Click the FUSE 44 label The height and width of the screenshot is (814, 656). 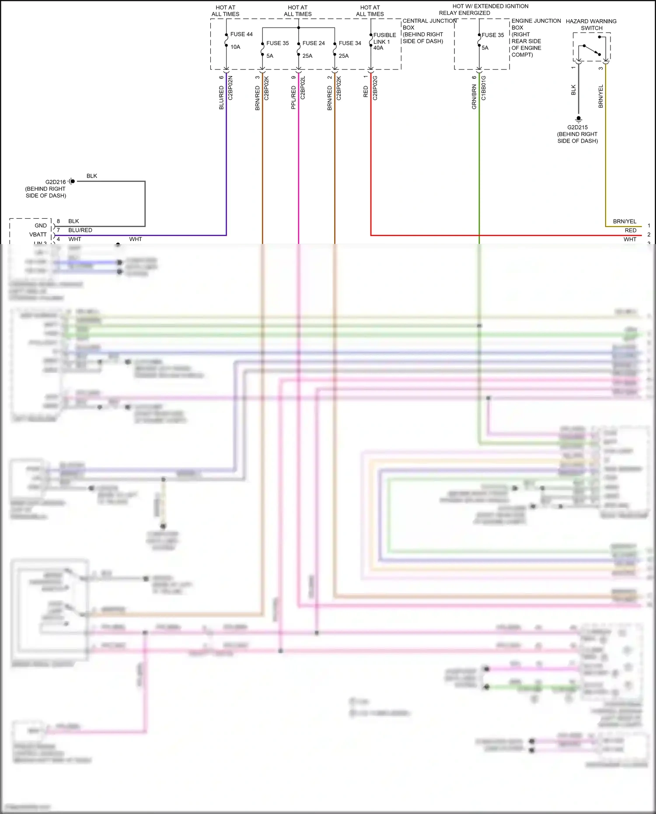241,34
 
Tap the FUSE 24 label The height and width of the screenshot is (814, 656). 314,43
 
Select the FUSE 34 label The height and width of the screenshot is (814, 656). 350,43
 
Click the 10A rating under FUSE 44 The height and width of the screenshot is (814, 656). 235,47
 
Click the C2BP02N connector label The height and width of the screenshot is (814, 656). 230,88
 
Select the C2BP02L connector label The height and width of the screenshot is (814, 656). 303,88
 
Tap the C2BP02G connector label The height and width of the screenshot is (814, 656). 375,88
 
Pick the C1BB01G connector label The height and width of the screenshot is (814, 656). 483,88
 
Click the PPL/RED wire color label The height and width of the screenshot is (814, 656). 293,98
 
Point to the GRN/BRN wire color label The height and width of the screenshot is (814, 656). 474,97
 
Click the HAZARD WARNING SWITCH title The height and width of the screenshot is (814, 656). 591,24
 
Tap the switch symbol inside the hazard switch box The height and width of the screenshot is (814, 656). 592,49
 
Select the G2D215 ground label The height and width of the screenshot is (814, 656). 578,127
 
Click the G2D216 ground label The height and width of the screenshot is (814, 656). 56,182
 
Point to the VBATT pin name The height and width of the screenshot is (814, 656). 38,234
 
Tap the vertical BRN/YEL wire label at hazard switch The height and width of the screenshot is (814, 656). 601,96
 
